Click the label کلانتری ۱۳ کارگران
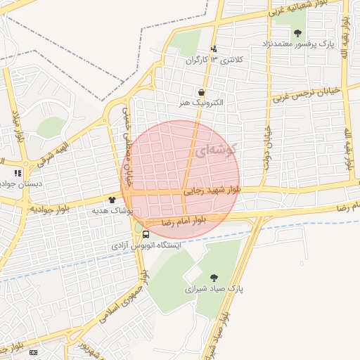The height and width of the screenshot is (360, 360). (213, 60)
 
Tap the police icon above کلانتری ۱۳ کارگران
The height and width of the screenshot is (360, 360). (214, 49)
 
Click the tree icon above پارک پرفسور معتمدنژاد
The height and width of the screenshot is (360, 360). (297, 32)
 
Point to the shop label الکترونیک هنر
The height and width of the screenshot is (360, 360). (202, 103)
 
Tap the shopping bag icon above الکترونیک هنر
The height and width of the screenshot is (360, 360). (202, 91)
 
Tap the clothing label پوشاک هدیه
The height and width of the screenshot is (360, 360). (112, 210)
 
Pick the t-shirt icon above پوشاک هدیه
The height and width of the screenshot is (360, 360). (112, 200)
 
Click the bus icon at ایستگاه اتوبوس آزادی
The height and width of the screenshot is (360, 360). (146, 234)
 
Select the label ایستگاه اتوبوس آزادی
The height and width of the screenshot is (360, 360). (146, 246)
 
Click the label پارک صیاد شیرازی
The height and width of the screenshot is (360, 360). (213, 288)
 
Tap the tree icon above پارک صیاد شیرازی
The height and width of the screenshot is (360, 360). (214, 277)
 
